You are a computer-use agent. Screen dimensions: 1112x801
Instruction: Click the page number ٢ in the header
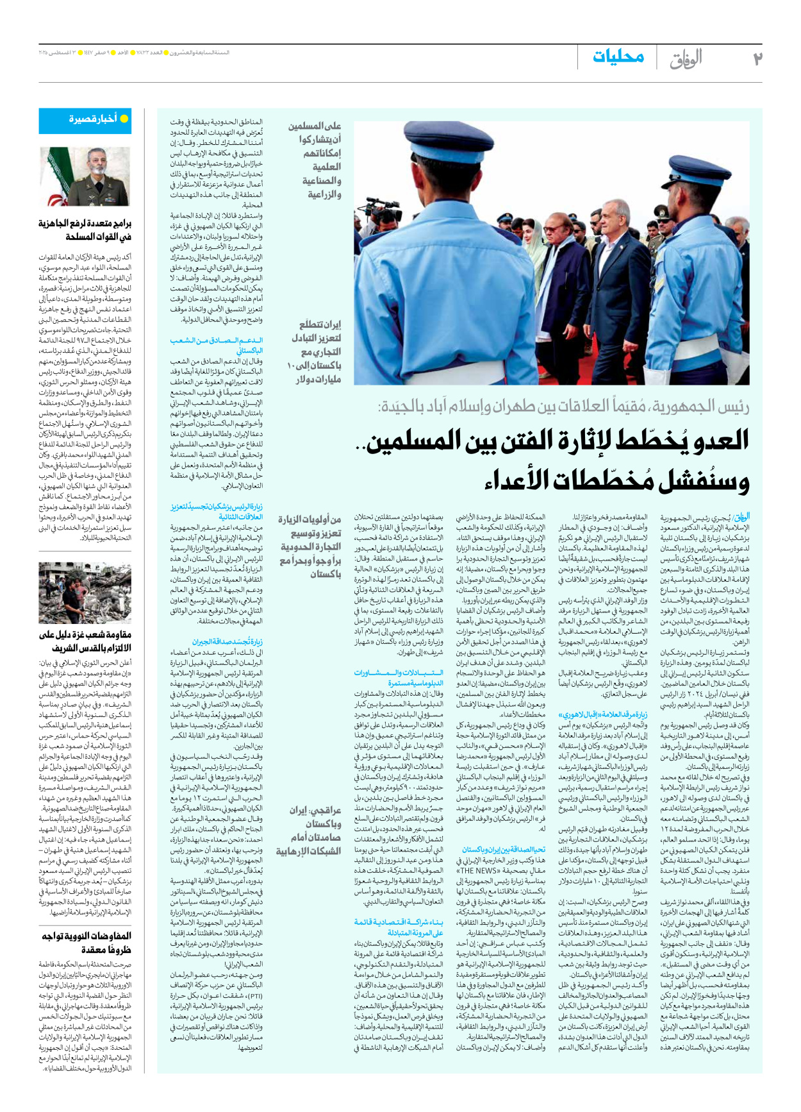coord(757,58)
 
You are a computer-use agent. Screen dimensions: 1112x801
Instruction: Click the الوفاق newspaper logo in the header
coord(686,58)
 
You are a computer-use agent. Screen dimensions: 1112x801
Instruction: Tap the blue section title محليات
coord(618,56)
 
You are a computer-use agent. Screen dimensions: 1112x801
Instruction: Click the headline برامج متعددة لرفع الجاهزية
coord(85,230)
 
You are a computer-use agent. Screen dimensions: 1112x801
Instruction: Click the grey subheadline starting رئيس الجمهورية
coord(564,407)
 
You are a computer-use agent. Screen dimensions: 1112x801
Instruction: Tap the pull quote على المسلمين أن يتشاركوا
coord(314,160)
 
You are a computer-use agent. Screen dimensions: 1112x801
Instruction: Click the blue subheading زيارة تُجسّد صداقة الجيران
coord(227,641)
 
